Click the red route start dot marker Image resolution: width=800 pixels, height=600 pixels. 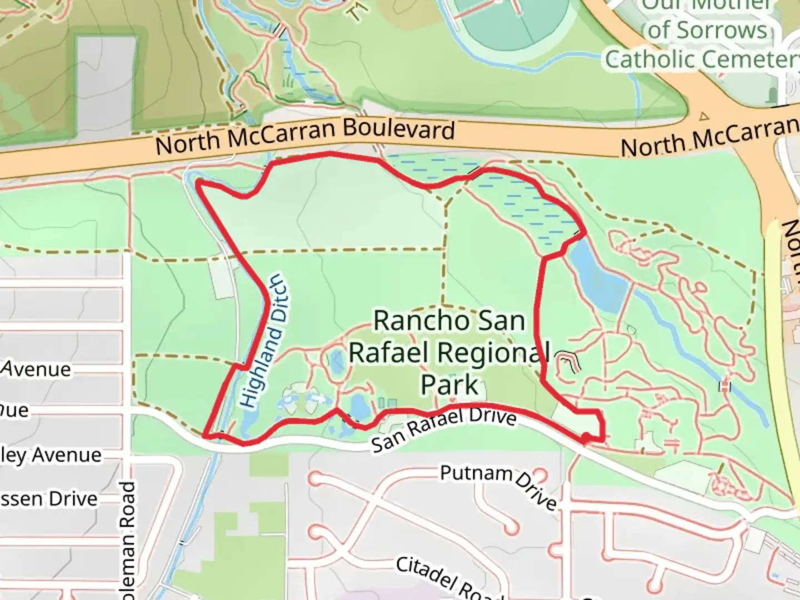click(586, 439)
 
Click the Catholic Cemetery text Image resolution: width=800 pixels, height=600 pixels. click(701, 59)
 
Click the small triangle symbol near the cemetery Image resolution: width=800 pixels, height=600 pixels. click(704, 117)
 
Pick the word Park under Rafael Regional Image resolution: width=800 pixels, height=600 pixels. click(449, 384)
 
